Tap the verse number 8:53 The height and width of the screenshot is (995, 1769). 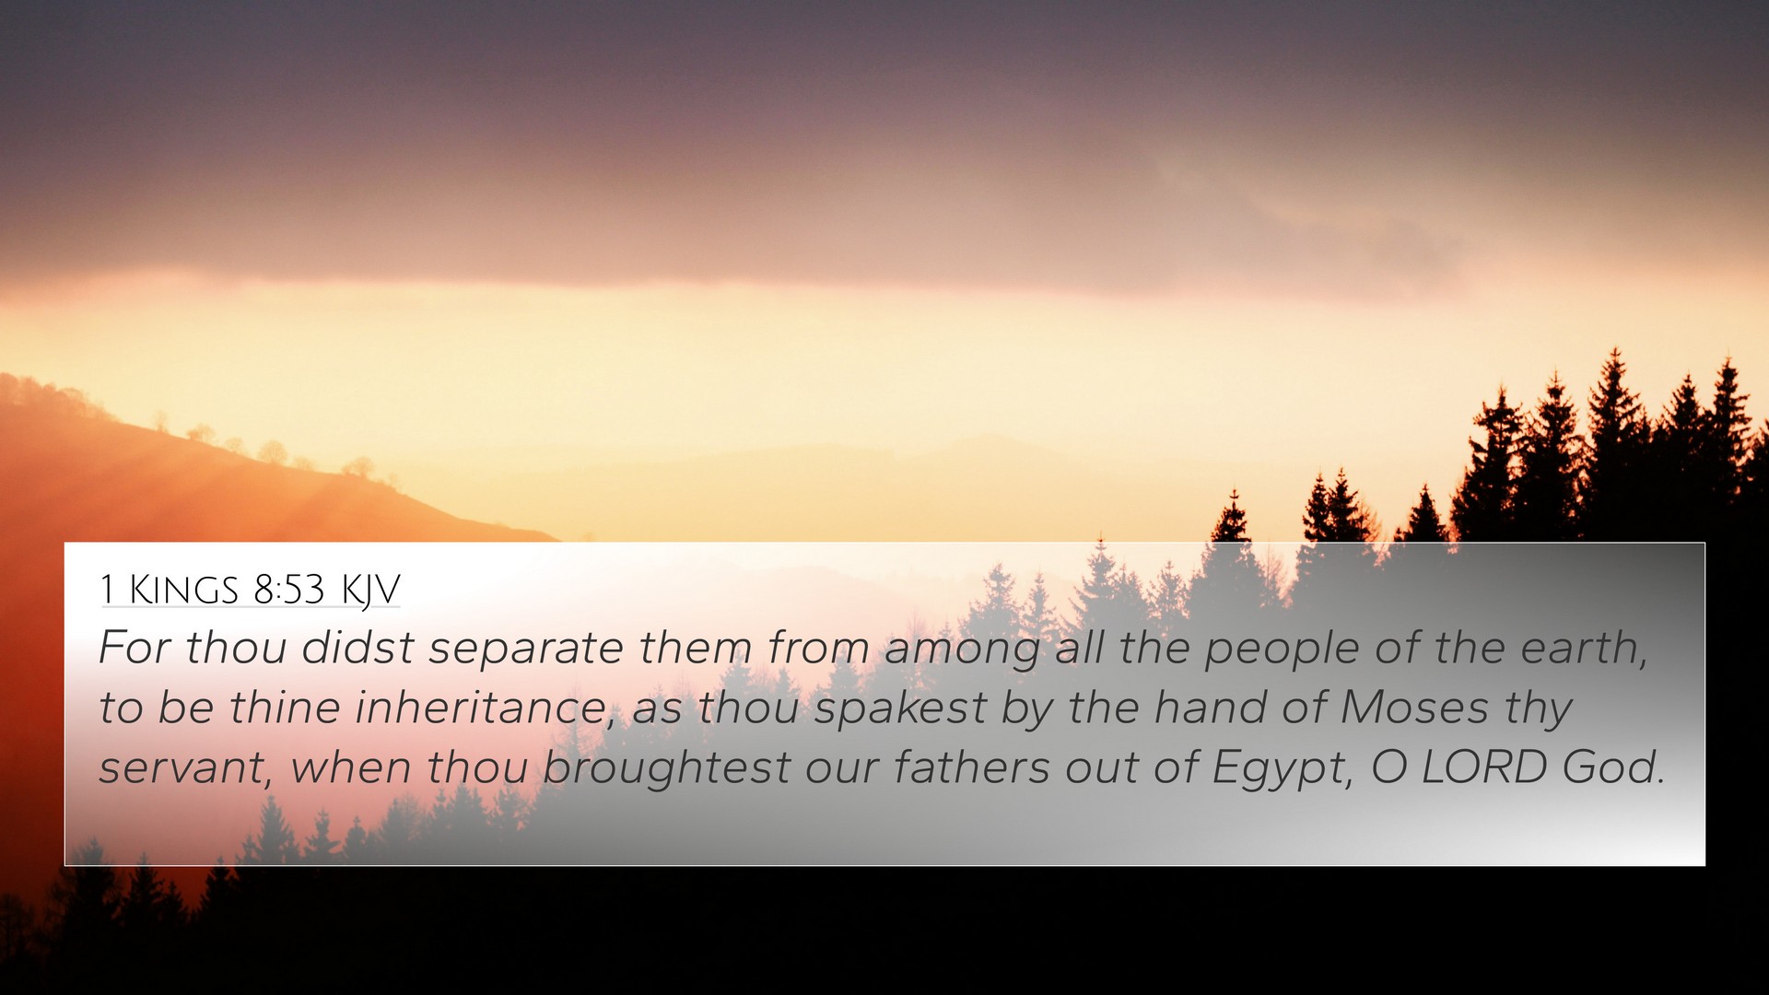(289, 590)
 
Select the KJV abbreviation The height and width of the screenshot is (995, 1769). (370, 591)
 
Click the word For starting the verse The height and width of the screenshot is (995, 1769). (135, 647)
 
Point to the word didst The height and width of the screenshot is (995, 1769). (357, 647)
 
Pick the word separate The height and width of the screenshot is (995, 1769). (525, 650)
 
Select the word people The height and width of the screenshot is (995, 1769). (1282, 650)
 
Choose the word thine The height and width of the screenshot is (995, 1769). (285, 707)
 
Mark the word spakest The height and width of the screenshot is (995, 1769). (900, 709)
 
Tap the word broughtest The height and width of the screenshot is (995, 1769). (666, 769)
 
